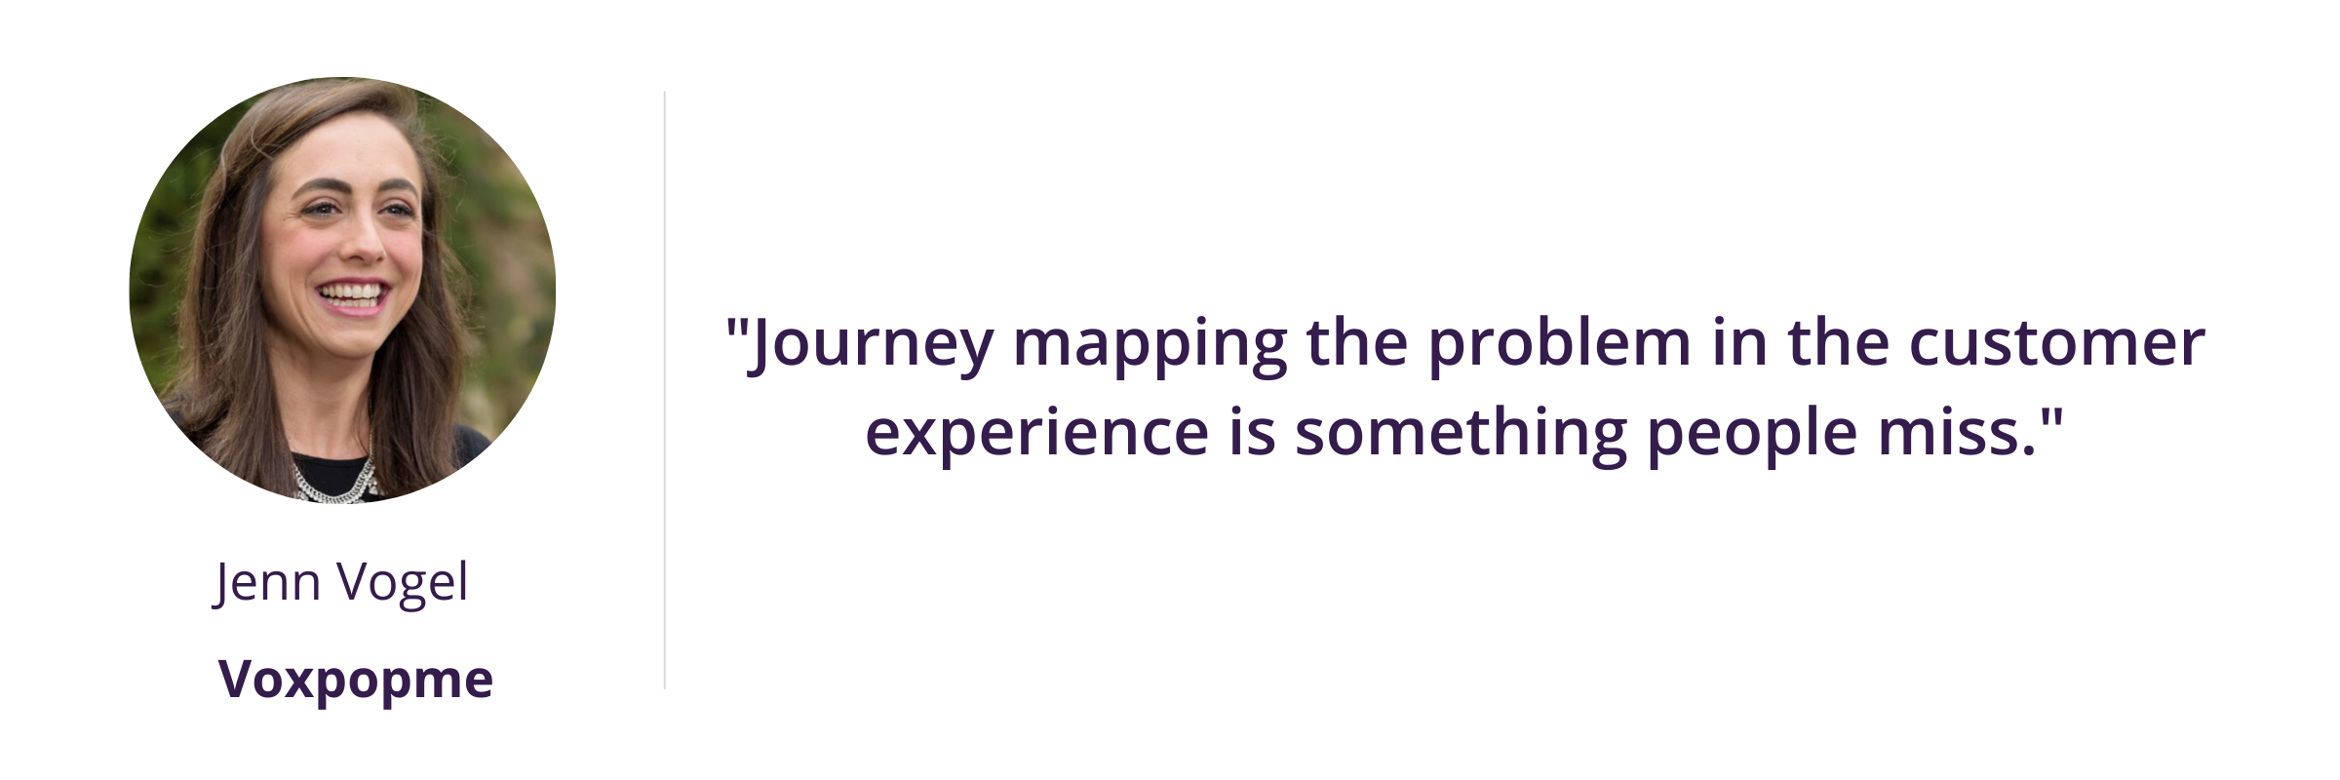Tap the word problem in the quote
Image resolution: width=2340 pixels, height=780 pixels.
1560,345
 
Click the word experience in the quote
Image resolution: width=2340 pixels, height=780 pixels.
1036,435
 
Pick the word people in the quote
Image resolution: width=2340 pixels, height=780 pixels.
1752,435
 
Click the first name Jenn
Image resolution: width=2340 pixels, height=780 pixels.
266,584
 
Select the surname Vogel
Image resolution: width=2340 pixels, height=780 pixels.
403,584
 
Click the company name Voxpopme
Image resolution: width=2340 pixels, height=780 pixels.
356,680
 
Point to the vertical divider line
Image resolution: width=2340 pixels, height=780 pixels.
665,390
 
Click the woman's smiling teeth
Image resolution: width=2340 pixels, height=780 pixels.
352,292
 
